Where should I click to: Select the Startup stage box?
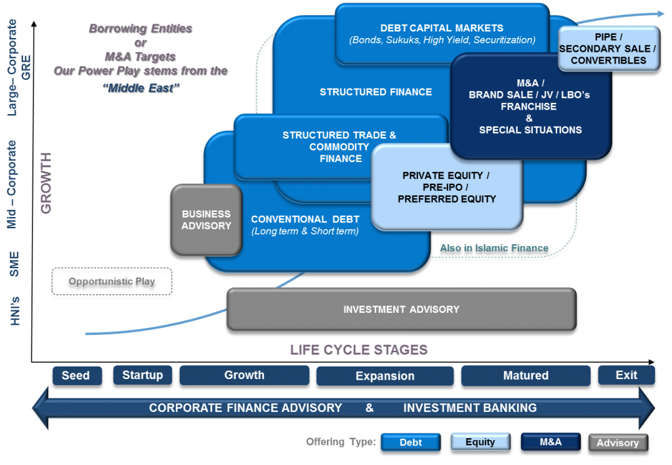click(142, 375)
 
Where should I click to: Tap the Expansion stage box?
click(385, 376)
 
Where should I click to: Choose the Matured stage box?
click(525, 376)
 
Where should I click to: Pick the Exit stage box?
click(626, 375)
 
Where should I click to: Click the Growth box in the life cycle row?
click(244, 375)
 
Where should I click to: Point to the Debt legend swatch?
click(411, 442)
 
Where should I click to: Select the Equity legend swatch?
click(480, 442)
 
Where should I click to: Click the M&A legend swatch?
click(550, 442)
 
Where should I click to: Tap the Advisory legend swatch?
click(618, 443)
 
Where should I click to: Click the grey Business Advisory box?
click(206, 220)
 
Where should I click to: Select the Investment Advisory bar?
click(401, 310)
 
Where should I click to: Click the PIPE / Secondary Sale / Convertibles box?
click(608, 49)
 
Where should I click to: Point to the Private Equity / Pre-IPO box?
click(446, 188)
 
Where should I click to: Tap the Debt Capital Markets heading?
click(442, 28)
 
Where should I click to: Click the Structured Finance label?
click(375, 92)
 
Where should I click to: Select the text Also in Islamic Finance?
click(493, 248)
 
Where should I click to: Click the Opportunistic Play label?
click(112, 281)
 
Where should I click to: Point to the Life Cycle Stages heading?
click(358, 350)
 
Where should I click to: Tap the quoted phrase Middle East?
click(140, 89)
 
